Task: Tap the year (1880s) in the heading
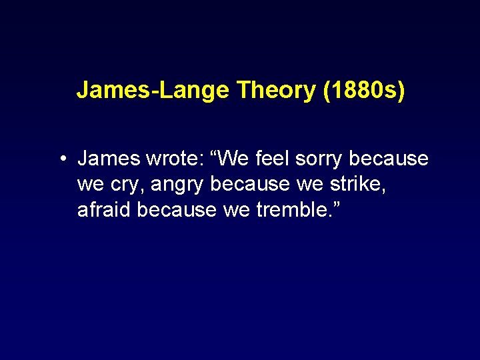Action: [363, 90]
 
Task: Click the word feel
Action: [275, 159]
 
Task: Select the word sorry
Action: [323, 159]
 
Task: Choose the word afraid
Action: [105, 209]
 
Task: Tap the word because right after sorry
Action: [389, 159]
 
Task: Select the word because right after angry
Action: [248, 184]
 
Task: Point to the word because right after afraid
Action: [177, 209]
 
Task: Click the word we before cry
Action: [91, 184]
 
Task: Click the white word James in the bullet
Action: [107, 159]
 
